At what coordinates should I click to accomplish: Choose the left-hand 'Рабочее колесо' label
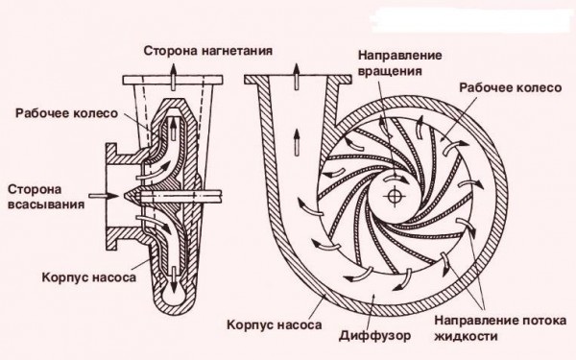click(x=66, y=113)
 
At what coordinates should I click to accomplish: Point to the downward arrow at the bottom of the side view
click(x=172, y=285)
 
